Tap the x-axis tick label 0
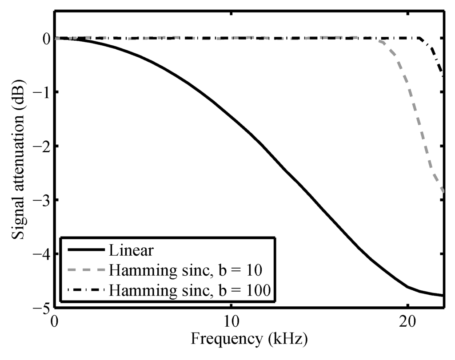coord(55,320)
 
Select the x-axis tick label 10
coord(231,320)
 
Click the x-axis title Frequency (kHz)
coord(249,340)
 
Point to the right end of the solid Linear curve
coord(443,295)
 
